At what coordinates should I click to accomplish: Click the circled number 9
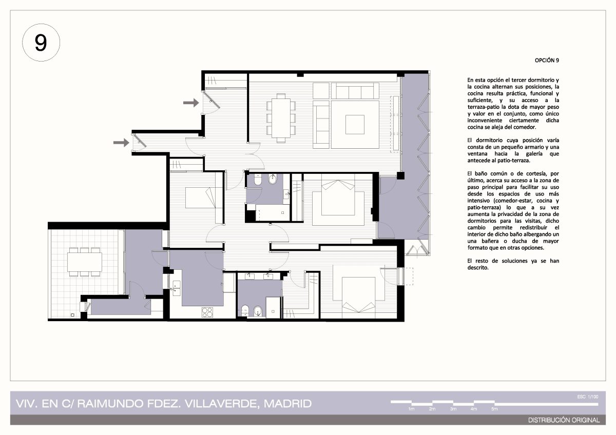41,43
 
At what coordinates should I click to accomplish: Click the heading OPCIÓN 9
547,61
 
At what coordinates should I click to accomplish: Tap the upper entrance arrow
191,103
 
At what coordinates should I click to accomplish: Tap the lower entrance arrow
121,142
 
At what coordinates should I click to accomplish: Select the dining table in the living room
281,118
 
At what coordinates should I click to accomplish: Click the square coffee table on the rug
355,125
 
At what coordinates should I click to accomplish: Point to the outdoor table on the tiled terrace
85,262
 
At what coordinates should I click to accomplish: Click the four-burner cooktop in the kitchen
207,312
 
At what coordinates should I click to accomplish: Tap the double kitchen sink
176,288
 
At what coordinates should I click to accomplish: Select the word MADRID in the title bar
287,404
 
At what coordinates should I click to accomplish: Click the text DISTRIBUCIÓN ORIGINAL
564,420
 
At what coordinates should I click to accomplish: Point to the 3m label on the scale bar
453,409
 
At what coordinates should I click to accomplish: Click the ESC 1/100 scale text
588,397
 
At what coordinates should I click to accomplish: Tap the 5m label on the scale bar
494,409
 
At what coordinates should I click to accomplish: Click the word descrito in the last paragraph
478,268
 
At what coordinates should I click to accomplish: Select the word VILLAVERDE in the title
222,404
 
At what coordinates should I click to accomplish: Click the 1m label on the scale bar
411,409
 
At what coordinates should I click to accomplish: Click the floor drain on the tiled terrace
72,315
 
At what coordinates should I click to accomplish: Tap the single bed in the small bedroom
201,197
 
